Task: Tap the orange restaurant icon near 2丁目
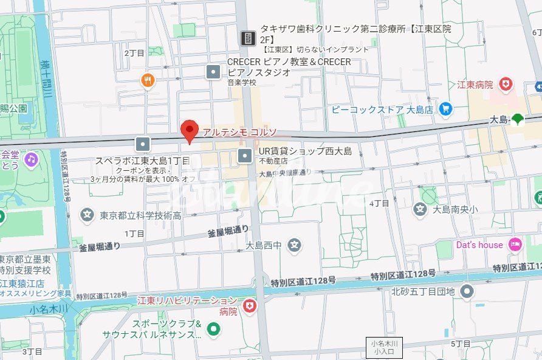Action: tap(148, 80)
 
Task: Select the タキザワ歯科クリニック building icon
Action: tap(248, 38)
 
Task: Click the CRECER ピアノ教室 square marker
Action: tap(213, 72)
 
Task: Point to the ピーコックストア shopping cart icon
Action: tap(446, 109)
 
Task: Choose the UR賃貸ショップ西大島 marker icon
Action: tap(245, 156)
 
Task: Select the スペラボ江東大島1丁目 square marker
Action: tap(143, 144)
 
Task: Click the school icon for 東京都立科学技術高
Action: tap(87, 215)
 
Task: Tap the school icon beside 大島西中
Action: tap(295, 246)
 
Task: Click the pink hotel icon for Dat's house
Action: tap(515, 244)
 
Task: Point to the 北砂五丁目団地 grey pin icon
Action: tap(467, 292)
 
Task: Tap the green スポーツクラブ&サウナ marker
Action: tap(213, 329)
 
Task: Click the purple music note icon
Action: tap(30, 159)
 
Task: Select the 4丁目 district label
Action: tap(379, 203)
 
